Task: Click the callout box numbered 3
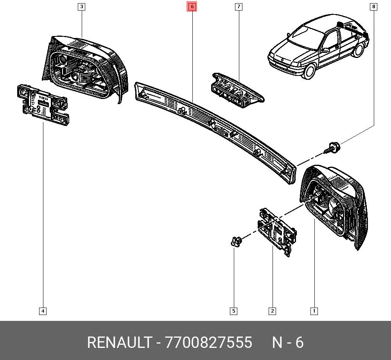tap(82, 7)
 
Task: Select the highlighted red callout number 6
tap(192, 7)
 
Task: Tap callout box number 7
tap(239, 7)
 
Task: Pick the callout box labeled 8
tap(373, 7)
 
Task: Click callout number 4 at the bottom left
tap(43, 311)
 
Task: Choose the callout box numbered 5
tap(234, 311)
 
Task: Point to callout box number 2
tap(272, 311)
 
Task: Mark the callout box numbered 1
tap(314, 311)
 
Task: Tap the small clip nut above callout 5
tap(236, 241)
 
